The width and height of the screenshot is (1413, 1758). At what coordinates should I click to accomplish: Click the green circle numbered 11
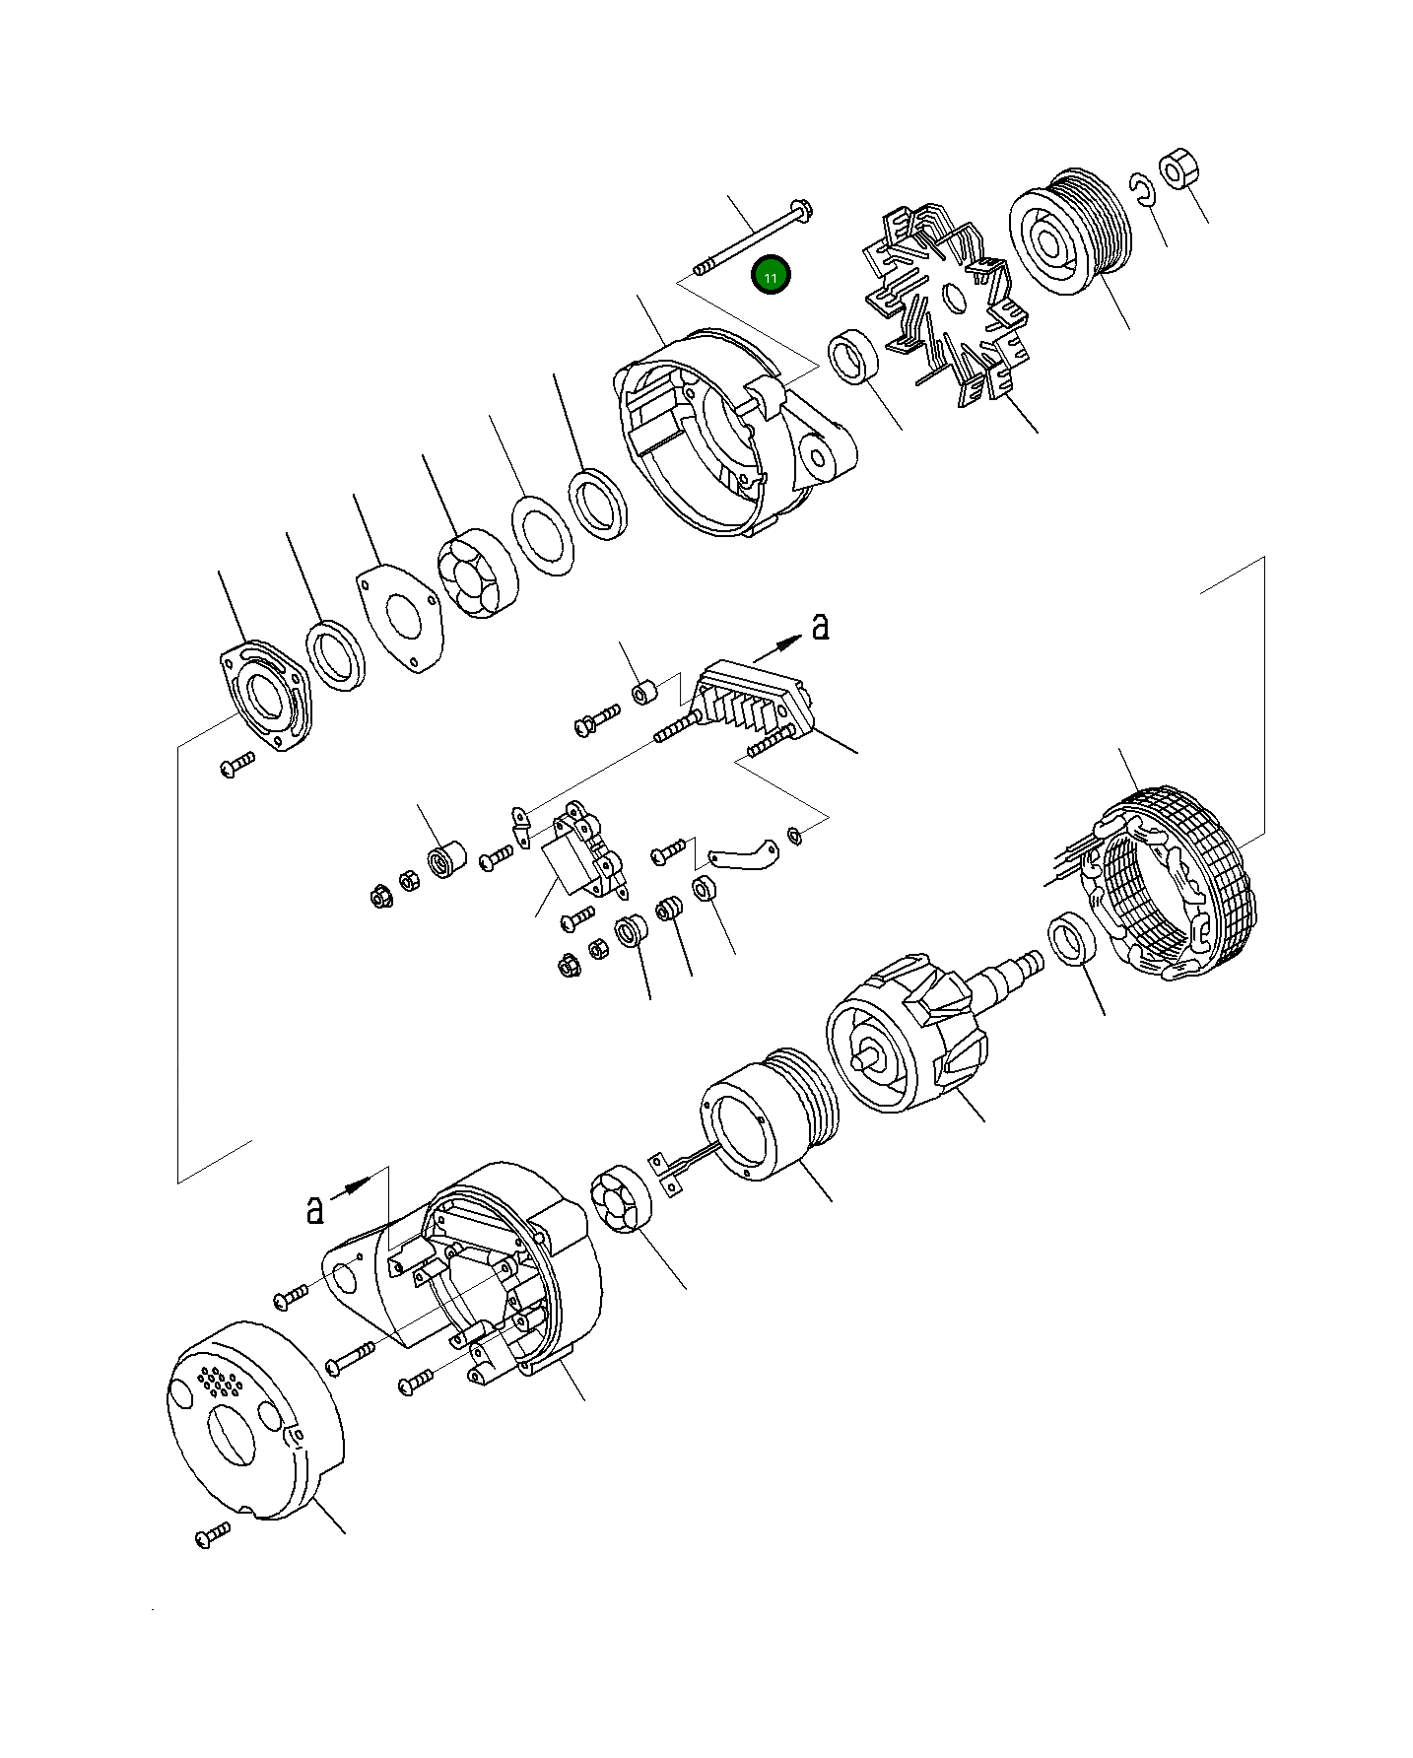point(771,277)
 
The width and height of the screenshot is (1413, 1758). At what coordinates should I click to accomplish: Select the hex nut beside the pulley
point(1177,170)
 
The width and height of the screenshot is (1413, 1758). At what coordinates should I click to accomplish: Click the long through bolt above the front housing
point(753,237)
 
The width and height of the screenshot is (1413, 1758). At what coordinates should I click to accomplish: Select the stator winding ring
point(1173,882)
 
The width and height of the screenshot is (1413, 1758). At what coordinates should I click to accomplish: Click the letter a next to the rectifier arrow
point(821,626)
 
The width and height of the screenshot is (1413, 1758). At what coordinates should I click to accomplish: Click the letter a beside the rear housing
point(314,1209)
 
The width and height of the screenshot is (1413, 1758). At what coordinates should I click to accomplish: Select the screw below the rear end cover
point(212,1535)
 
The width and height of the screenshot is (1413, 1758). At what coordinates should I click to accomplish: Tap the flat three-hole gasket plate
point(398,618)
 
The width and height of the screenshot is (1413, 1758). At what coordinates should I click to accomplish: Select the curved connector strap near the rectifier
point(740,853)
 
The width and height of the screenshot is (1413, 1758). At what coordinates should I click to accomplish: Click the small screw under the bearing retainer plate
point(236,764)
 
